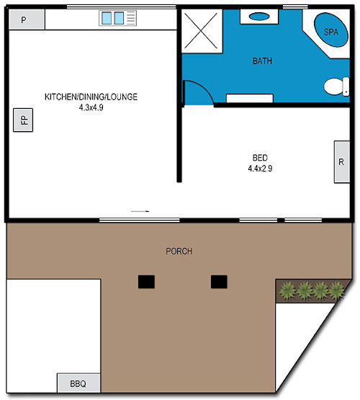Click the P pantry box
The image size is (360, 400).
click(23, 19)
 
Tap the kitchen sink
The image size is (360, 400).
click(113, 18)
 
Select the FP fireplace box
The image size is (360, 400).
click(23, 120)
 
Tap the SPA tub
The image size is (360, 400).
click(330, 32)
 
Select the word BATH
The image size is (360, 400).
click(262, 61)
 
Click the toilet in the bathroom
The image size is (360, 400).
click(334, 87)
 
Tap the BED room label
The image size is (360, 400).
click(260, 158)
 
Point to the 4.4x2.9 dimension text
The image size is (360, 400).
click(260, 169)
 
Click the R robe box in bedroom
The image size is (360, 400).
click(341, 162)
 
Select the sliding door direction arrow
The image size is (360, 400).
click(140, 211)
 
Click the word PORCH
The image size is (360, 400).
click(179, 252)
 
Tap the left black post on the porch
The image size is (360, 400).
click(147, 281)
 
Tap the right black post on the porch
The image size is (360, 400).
click(220, 281)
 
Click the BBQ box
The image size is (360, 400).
click(78, 383)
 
